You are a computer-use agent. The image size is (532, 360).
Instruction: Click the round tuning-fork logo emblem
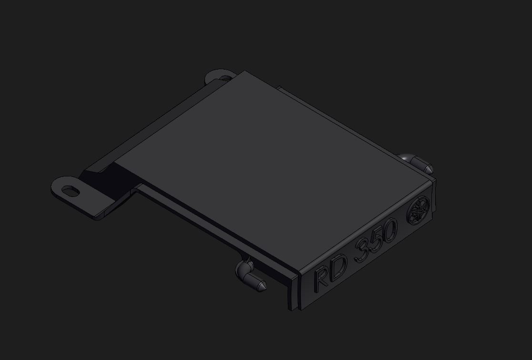419,210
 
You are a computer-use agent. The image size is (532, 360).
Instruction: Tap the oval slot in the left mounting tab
71,191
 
